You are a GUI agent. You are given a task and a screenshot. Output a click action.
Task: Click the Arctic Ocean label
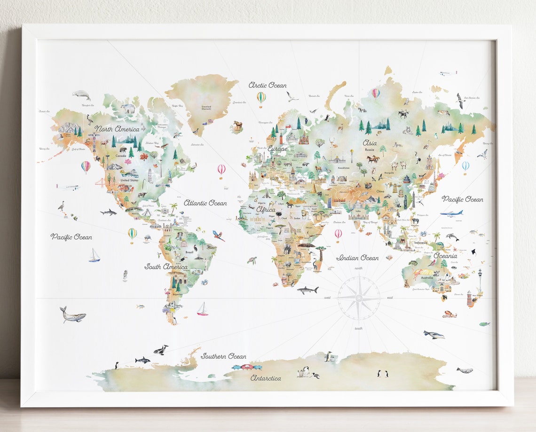pyautogui.click(x=267, y=85)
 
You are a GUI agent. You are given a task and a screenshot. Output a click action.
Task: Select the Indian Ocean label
pyautogui.click(x=357, y=258)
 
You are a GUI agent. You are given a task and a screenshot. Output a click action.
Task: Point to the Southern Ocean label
pyautogui.click(x=223, y=356)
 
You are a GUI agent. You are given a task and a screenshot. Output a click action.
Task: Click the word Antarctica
pyautogui.click(x=266, y=378)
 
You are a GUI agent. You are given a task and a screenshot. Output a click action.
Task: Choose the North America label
pyautogui.click(x=117, y=129)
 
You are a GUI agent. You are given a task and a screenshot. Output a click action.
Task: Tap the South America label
pyautogui.click(x=166, y=267)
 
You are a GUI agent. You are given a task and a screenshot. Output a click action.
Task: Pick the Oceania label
pyautogui.click(x=445, y=256)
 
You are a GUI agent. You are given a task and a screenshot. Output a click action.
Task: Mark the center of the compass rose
pyautogui.click(x=359, y=298)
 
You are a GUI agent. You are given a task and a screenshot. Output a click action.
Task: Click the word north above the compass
pyautogui.click(x=359, y=268)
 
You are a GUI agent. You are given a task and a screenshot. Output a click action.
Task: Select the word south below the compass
pyautogui.click(x=359, y=328)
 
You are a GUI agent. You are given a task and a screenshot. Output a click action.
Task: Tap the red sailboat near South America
pyautogui.click(x=203, y=309)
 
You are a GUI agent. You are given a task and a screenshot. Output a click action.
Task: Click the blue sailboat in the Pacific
pyautogui.click(x=95, y=255)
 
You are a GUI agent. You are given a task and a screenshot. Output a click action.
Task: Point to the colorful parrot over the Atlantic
pyautogui.click(x=218, y=236)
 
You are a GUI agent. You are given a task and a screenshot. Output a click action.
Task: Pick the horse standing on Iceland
pyautogui.click(x=238, y=126)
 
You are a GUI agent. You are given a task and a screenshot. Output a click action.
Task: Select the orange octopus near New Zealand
pyautogui.click(x=449, y=314)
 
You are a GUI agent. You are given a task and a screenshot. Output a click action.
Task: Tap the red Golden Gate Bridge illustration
pyautogui.click(x=101, y=183)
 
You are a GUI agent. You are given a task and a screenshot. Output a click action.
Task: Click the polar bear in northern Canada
pyautogui.click(x=127, y=109)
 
